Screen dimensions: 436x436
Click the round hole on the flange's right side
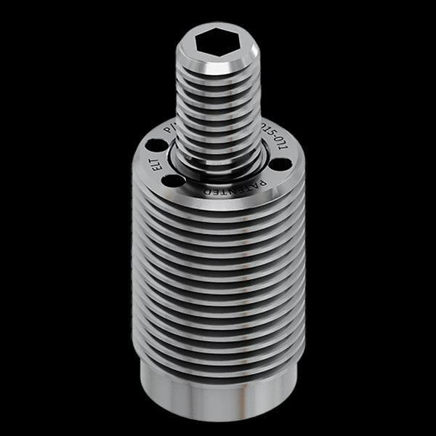click(x=280, y=163)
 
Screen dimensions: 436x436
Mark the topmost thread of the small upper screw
click(x=217, y=76)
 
